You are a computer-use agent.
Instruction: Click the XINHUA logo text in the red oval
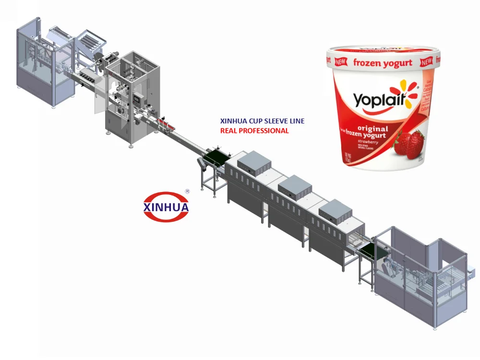coord(166,207)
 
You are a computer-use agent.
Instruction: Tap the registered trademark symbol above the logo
coord(187,191)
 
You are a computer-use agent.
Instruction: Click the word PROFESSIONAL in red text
coord(263,131)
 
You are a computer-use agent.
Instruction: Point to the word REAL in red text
coord(228,131)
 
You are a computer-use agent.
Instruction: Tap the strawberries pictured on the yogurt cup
coord(409,144)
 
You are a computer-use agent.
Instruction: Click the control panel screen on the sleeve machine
coord(138,99)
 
